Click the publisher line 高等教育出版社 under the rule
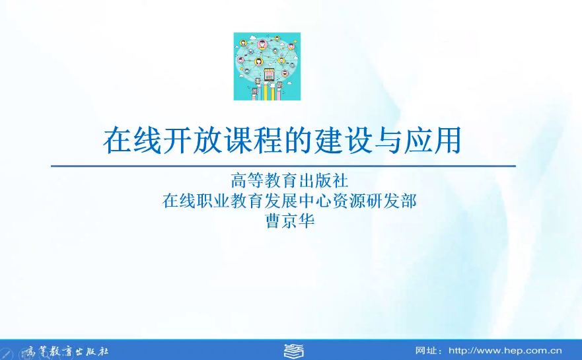pyautogui.click(x=289, y=181)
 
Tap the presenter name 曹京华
pyautogui.click(x=290, y=221)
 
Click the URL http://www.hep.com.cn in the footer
pyautogui.click(x=505, y=351)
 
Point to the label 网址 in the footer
pyautogui.click(x=425, y=351)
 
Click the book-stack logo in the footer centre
pyautogui.click(x=293, y=351)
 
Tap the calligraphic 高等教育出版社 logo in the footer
pyautogui.click(x=67, y=351)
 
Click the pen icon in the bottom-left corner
pyautogui.click(x=7, y=353)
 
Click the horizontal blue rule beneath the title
pyautogui.click(x=283, y=166)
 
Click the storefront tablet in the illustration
pyautogui.click(x=268, y=75)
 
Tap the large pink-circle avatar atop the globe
pyautogui.click(x=263, y=44)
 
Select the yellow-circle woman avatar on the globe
pyautogui.click(x=259, y=61)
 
